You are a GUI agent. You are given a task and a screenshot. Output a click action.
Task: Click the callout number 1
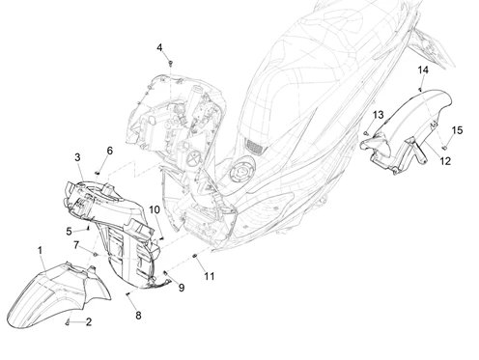[x=40, y=250]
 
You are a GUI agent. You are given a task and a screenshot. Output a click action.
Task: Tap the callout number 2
[x=89, y=321]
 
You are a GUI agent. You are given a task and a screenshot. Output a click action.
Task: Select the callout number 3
[x=77, y=157]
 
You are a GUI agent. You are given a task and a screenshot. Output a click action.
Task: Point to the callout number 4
[x=159, y=47]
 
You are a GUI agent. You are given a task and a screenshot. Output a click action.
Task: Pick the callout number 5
[x=69, y=232]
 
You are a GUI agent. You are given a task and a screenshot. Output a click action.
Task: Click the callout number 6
[x=110, y=151]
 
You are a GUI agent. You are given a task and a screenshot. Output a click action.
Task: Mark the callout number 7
[x=76, y=245]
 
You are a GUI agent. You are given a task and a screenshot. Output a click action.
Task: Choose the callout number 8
[x=138, y=316]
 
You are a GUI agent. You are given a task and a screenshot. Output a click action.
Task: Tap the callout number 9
[x=182, y=288]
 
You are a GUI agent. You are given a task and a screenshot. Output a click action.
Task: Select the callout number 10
[x=155, y=209]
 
